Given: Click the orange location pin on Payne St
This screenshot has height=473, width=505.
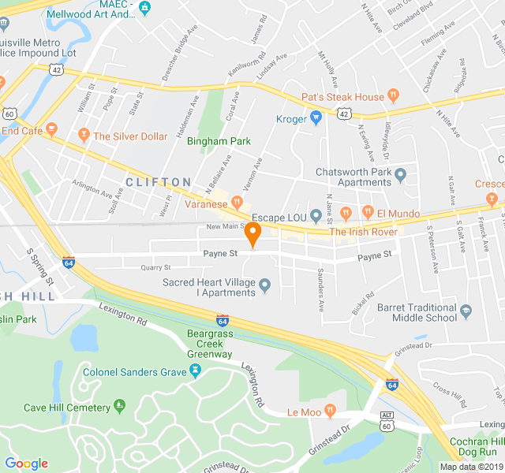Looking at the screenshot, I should tap(252, 234).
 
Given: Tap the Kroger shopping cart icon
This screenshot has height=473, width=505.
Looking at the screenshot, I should tap(316, 119).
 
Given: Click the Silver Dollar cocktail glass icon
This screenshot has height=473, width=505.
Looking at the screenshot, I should tap(82, 136).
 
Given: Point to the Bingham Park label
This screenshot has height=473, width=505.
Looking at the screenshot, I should tap(219, 142).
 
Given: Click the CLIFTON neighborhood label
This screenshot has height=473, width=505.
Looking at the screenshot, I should tap(158, 182).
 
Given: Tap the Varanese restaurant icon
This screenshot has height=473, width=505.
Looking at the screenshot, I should tap(236, 203).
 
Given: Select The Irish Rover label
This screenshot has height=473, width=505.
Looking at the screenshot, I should tap(364, 232).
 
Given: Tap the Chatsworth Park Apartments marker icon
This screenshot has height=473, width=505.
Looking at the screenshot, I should tap(400, 174).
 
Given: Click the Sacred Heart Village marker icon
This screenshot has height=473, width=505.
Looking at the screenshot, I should tap(264, 285).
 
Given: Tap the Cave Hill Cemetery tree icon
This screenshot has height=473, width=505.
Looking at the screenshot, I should tap(120, 407).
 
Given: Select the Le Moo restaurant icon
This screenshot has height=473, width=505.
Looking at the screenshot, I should tap(330, 411).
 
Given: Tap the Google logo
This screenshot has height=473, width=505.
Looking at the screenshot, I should tap(26, 464).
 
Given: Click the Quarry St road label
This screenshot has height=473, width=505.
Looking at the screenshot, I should tap(155, 267).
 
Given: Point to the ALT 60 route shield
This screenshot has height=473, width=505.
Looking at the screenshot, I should tap(387, 421).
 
